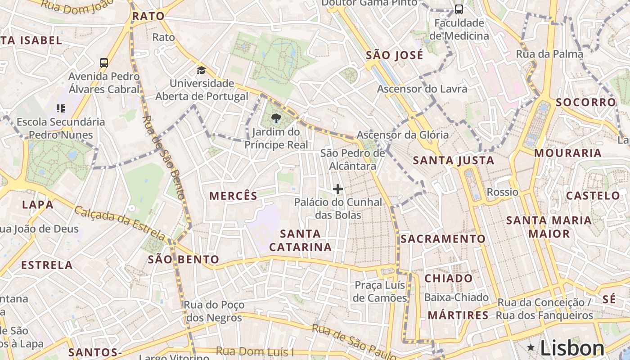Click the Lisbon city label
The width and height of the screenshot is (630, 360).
(x=572, y=348)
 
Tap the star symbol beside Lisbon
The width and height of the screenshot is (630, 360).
(x=531, y=347)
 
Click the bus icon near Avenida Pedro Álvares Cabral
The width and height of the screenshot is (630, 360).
(x=104, y=63)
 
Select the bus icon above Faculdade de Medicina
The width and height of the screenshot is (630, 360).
(x=459, y=9)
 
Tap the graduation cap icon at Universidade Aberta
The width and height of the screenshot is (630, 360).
(x=201, y=70)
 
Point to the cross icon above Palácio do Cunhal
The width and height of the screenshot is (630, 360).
(x=337, y=189)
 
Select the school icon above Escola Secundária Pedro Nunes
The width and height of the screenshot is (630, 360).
(x=61, y=108)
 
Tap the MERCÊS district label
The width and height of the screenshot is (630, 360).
(x=234, y=196)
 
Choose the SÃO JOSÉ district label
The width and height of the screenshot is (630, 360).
(x=394, y=55)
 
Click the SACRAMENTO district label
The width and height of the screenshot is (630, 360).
(x=443, y=239)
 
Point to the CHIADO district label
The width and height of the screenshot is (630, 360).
(x=449, y=278)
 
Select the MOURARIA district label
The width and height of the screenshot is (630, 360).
(x=567, y=153)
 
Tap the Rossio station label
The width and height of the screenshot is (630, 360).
(x=503, y=192)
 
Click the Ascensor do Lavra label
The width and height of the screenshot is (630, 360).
(x=422, y=89)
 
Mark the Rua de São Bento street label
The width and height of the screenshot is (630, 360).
(x=164, y=157)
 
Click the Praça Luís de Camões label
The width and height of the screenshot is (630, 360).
(x=380, y=292)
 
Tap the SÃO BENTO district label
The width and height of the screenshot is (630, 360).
(x=183, y=259)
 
